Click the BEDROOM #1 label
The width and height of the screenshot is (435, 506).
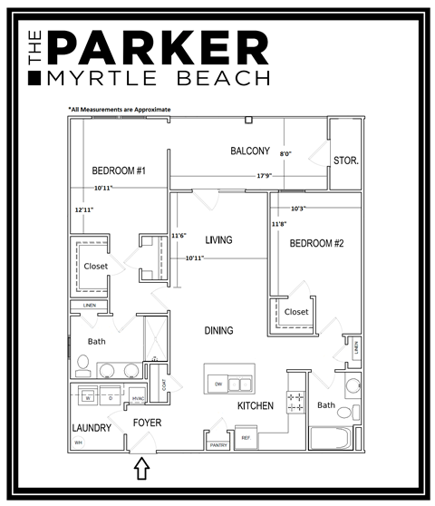119,170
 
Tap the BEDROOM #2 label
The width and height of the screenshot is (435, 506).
316,243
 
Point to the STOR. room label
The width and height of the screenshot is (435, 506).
345,161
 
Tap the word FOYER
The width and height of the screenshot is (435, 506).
147,423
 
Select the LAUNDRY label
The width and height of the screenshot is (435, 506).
91,428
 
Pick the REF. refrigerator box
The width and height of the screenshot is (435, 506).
246,438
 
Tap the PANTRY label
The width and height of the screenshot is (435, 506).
218,445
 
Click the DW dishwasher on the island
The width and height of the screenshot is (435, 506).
218,384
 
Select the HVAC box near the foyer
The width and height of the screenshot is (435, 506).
139,398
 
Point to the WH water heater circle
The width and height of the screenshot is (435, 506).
78,443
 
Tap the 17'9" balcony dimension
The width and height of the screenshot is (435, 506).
265,175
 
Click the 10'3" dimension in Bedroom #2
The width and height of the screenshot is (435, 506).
298,208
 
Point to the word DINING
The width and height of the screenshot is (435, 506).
218,331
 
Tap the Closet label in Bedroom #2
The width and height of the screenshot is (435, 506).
296,312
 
